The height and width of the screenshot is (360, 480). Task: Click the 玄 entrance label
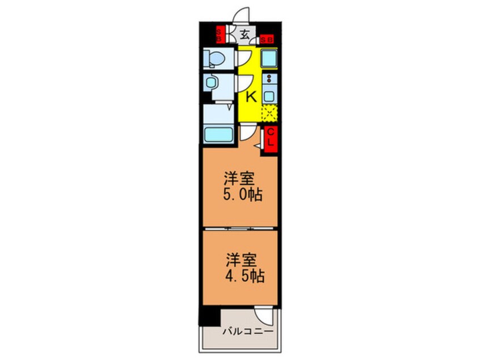click(x=244, y=34)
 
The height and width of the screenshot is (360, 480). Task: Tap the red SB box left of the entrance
click(x=219, y=35)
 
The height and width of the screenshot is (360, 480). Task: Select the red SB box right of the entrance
click(x=267, y=40)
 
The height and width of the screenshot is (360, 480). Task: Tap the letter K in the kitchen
click(x=251, y=97)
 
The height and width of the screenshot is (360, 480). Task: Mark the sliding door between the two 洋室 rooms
click(x=238, y=228)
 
